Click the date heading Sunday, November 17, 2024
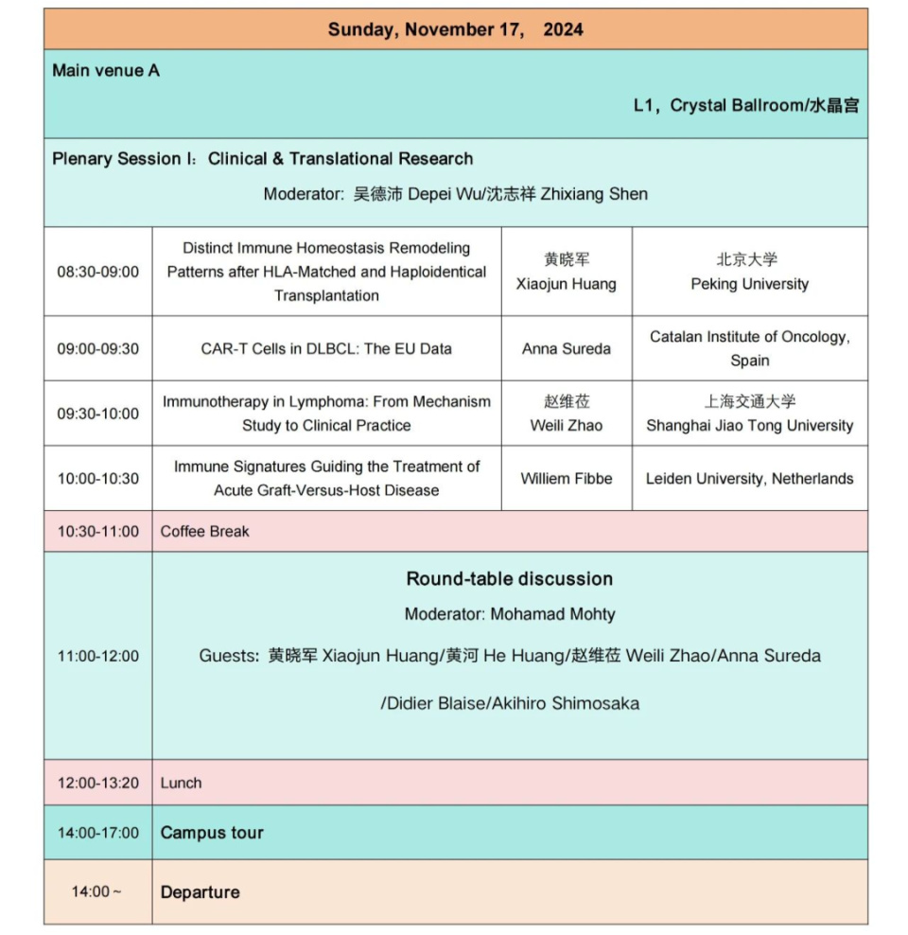tap(455, 29)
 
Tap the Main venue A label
tap(106, 71)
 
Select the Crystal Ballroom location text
tap(745, 106)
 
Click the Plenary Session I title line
tap(262, 159)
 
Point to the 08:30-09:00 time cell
tap(97, 272)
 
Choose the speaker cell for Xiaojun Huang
tap(567, 272)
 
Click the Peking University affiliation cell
tap(749, 272)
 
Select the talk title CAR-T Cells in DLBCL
tap(326, 348)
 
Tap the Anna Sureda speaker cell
tap(567, 348)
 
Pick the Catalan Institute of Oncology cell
tap(749, 348)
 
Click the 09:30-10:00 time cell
tap(97, 414)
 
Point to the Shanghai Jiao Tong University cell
tap(749, 414)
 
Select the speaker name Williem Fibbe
tap(567, 479)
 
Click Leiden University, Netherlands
tap(749, 479)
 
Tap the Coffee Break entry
tap(204, 532)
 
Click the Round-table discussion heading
tap(510, 579)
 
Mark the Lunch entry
tap(181, 783)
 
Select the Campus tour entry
tap(212, 833)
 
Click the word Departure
tap(200, 892)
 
